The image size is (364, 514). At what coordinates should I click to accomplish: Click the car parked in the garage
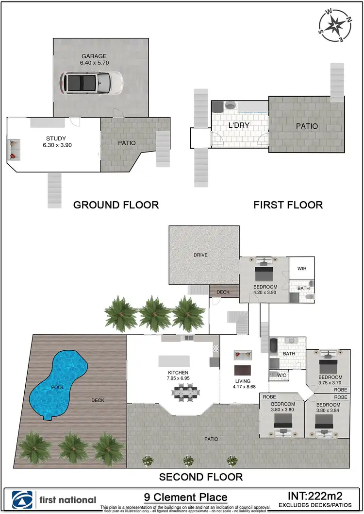click(91, 82)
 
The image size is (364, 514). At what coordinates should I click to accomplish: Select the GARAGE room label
click(94, 56)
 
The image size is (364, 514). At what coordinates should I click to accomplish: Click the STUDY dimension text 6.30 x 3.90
click(57, 145)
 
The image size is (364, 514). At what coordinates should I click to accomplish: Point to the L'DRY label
click(239, 125)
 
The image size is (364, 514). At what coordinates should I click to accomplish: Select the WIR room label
click(301, 269)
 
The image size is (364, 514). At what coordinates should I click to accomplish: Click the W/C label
click(282, 375)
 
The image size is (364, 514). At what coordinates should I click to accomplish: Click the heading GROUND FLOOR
click(116, 205)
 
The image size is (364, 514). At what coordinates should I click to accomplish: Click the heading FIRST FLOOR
click(288, 205)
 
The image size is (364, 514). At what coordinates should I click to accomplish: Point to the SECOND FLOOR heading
click(201, 477)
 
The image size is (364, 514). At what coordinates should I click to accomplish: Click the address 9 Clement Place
click(186, 497)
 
